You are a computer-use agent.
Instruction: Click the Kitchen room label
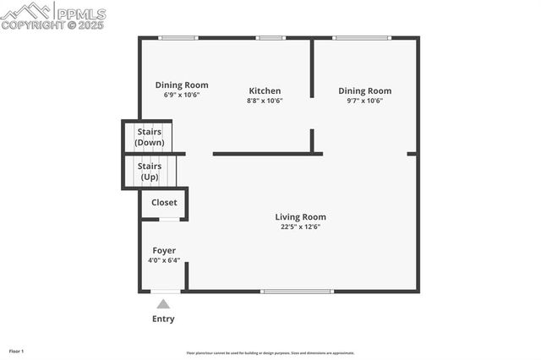(265, 91)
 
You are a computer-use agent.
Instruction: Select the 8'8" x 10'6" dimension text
(265, 101)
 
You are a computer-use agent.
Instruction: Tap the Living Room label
(300, 217)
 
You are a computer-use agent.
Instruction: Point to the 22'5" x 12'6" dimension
(300, 226)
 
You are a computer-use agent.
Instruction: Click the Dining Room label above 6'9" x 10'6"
(182, 85)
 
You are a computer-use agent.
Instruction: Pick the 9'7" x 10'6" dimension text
(364, 101)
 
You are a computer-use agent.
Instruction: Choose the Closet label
(164, 203)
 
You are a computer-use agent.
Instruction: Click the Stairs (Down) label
(150, 137)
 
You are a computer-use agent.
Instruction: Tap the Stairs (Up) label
(150, 172)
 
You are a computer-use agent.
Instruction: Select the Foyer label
(164, 251)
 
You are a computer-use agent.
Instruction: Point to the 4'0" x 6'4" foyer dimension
(164, 260)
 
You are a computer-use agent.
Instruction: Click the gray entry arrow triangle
(163, 303)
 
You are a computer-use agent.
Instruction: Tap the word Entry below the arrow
(163, 319)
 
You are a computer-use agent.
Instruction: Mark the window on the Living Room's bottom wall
(297, 292)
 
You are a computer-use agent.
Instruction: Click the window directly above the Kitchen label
(270, 38)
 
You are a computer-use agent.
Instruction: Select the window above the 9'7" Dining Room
(361, 38)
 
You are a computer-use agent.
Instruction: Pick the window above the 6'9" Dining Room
(178, 38)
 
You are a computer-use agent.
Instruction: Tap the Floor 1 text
(16, 351)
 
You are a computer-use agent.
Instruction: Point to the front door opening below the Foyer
(166, 292)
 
